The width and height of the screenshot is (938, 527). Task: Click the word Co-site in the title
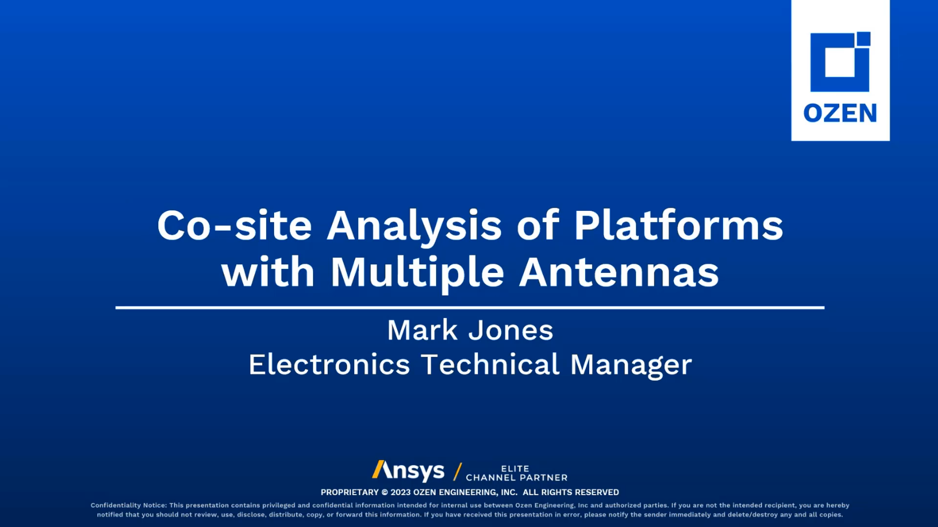click(234, 225)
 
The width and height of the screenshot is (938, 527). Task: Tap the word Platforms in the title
click(679, 225)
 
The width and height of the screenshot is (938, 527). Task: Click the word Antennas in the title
click(619, 272)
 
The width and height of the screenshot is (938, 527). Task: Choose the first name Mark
click(422, 330)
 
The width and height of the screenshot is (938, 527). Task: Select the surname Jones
click(511, 330)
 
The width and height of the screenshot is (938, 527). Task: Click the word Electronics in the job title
click(329, 365)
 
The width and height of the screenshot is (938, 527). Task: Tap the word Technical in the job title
click(490, 365)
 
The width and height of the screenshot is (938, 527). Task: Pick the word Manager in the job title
click(631, 365)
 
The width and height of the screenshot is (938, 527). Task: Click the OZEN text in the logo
click(840, 113)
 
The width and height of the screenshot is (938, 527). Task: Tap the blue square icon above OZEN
click(840, 62)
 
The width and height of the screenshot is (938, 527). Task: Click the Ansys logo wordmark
click(408, 471)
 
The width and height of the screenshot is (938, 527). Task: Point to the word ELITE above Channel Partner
click(515, 468)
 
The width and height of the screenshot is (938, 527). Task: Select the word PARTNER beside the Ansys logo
click(544, 478)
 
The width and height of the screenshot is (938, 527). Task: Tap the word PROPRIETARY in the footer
click(350, 492)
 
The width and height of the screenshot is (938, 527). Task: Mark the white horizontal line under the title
click(470, 308)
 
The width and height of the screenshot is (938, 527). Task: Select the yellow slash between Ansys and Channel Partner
click(458, 472)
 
